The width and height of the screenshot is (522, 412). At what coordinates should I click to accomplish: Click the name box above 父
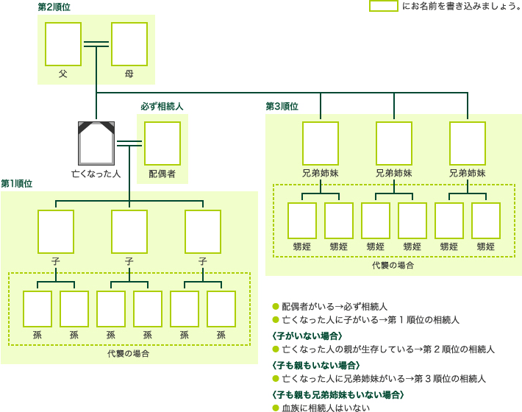pos(62,44)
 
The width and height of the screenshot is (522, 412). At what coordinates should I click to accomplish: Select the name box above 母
pos(129,44)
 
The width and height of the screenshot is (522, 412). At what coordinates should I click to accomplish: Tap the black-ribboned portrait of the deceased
pos(96,143)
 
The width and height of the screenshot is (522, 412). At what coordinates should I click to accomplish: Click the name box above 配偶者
pos(162,143)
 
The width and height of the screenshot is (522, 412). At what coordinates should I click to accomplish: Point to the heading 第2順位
pos(55,7)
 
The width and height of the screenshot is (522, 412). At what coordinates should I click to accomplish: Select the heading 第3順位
pos(282,107)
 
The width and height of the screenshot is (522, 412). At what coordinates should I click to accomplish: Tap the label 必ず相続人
pos(162,107)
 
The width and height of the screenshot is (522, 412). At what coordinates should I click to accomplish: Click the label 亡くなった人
pos(96,174)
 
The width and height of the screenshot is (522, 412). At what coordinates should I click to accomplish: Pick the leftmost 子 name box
pos(56,231)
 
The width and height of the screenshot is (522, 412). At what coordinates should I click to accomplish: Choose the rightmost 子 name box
pos(203,231)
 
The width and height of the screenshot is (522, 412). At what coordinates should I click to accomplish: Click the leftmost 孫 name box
pos(37,309)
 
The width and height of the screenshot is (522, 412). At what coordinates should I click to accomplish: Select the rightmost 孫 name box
pos(221,309)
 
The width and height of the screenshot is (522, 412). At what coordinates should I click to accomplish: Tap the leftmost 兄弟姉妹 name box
pos(321,143)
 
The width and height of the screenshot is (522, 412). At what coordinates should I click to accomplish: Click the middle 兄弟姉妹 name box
pos(394,143)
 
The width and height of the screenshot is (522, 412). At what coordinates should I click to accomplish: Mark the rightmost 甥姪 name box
pos(486,221)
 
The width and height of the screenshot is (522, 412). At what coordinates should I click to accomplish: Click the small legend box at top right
pos(383,7)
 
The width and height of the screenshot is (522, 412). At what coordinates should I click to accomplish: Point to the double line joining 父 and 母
pos(96,44)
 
